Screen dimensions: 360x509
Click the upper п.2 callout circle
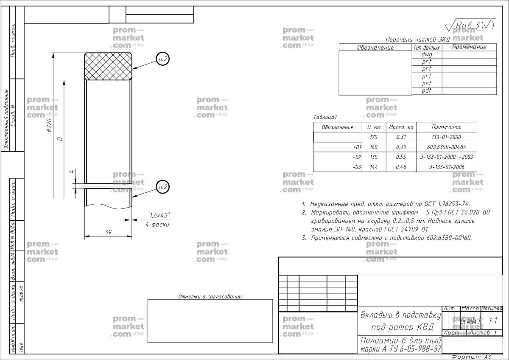[x=162, y=59]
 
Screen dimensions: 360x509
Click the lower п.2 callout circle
[x=162, y=186]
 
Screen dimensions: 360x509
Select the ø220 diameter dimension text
[x=49, y=126]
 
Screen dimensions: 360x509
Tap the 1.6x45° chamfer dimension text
[x=159, y=215]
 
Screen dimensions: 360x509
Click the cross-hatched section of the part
[x=108, y=66]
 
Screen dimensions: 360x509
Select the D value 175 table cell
[x=374, y=137]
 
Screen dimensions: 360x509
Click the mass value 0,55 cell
[x=401, y=157]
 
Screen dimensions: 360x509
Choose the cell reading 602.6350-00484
[x=446, y=147]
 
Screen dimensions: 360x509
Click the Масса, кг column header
[x=401, y=127]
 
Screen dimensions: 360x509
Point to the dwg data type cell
[x=426, y=54]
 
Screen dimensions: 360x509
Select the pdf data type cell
[x=426, y=91]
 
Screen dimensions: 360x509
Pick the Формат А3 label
[x=471, y=357]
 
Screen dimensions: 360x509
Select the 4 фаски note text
[x=157, y=224]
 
